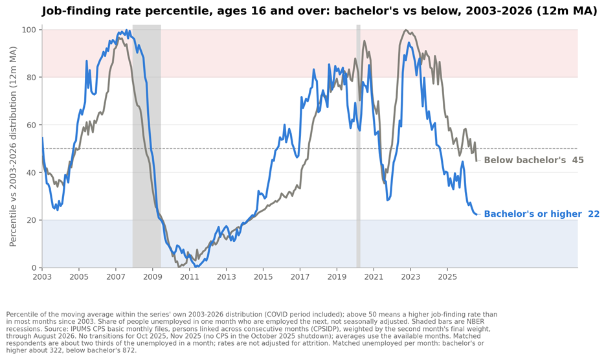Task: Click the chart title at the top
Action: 320,11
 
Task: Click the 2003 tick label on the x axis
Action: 42,277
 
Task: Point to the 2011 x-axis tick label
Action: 189,277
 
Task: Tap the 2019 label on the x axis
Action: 337,277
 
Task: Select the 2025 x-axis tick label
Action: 447,277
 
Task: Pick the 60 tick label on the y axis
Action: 32,125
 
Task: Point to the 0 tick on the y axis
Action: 34,267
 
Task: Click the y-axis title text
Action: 13,146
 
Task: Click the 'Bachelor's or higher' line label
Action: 533,214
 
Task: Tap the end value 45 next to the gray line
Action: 578,160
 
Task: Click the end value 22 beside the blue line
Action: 594,214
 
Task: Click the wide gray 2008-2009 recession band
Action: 147,146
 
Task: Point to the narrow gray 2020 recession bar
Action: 358,146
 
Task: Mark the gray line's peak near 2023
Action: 405,30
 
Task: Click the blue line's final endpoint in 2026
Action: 477,214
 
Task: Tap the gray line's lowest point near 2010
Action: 179,267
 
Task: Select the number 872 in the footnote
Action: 130,351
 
